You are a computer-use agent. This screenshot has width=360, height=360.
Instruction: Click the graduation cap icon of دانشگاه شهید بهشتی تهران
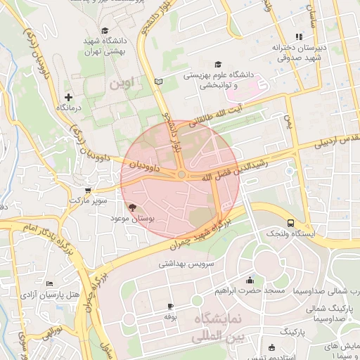[105, 30]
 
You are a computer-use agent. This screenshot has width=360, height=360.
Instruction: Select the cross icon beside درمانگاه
[68, 96]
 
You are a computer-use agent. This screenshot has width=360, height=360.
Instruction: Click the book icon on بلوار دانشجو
[158, 82]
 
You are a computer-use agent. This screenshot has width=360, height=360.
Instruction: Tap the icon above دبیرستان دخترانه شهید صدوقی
[299, 37]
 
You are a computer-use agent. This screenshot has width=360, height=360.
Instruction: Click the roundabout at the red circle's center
[181, 174]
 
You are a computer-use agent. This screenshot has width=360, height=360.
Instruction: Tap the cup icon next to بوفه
[170, 306]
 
